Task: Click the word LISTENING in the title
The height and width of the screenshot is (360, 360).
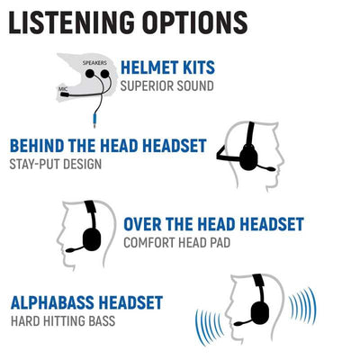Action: [72, 22]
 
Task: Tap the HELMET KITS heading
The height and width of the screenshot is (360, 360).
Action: [167, 67]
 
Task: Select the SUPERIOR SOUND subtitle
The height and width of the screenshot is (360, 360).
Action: [167, 86]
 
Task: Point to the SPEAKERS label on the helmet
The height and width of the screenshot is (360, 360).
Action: [94, 63]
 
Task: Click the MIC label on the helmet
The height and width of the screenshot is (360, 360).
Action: [62, 89]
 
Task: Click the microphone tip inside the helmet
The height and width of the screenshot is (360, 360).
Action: [65, 94]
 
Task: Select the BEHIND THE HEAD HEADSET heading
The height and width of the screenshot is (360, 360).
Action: [108, 146]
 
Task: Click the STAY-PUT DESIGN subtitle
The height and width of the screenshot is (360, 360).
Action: [56, 165]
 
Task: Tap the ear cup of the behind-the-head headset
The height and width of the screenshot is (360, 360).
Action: [248, 157]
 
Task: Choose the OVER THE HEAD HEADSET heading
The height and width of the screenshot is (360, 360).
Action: [214, 224]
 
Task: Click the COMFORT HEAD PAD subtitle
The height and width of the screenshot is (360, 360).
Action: [177, 243]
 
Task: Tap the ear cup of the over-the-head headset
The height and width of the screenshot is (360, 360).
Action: [92, 239]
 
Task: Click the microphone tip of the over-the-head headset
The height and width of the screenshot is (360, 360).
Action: [70, 250]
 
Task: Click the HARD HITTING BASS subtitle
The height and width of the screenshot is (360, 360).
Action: [63, 321]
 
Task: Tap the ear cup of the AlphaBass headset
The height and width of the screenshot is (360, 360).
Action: [260, 312]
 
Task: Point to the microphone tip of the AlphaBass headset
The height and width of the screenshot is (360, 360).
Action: [238, 323]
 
